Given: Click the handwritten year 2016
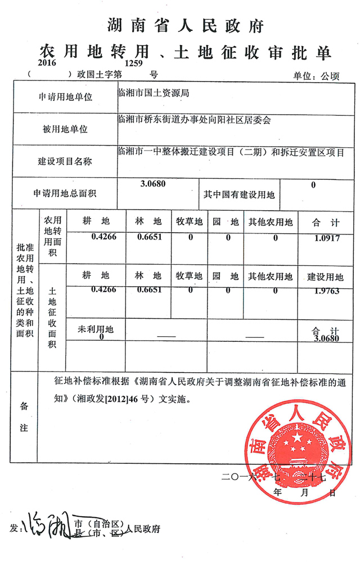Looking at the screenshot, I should coord(49,64).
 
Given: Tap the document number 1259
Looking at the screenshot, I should coord(134,64).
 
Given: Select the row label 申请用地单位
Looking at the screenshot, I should coord(65,97).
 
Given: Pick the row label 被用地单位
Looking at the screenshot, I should coord(65,129).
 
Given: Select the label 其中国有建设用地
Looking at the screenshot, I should coord(239,195).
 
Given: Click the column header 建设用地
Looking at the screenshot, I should coord(325,277).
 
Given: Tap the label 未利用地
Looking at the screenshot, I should coord(96,329).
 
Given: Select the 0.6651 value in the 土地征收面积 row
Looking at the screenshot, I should coord(150,290).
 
